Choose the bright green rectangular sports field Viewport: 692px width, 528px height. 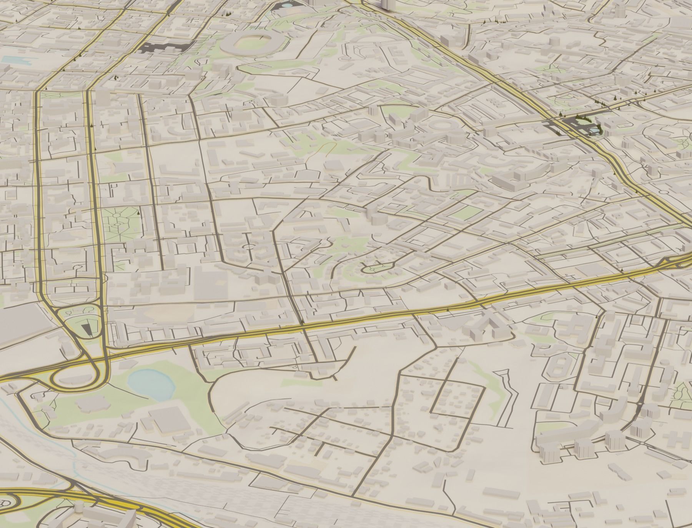tap(466, 212)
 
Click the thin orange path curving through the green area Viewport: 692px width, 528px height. tap(325, 146)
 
